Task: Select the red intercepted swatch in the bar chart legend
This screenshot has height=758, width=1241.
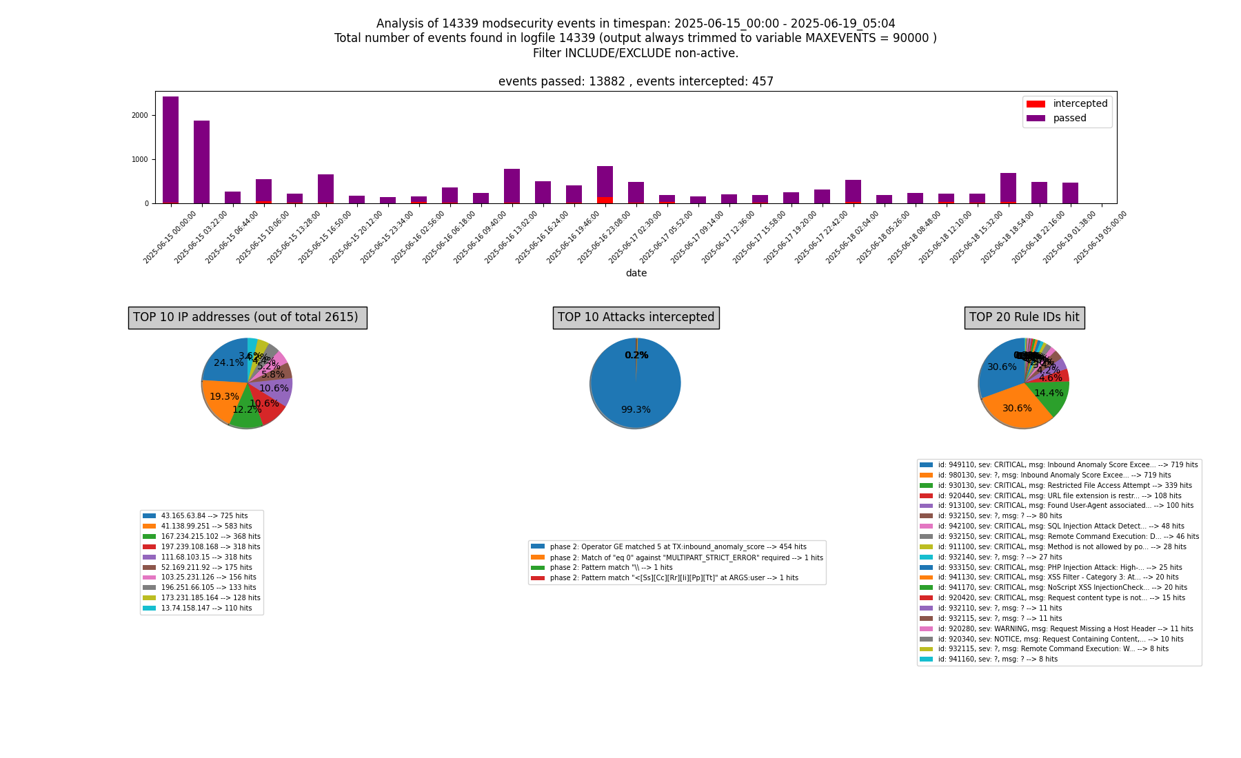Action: pos(1036,104)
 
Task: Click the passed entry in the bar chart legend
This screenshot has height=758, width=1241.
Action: pos(1069,119)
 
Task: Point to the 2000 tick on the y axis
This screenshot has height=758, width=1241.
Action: pos(140,115)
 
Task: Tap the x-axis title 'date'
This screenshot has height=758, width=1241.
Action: pos(636,274)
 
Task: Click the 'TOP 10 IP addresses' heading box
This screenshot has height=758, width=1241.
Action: pos(248,318)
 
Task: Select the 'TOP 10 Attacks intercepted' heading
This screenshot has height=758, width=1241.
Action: pos(636,318)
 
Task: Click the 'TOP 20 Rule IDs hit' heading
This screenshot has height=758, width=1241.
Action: pos(1024,318)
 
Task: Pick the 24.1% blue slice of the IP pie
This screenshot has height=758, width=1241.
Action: pos(226,362)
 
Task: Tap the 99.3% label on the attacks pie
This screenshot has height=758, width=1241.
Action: pos(636,410)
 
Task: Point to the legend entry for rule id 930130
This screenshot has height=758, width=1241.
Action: pos(1055,486)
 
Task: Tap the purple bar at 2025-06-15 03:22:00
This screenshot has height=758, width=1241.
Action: pos(201,162)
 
